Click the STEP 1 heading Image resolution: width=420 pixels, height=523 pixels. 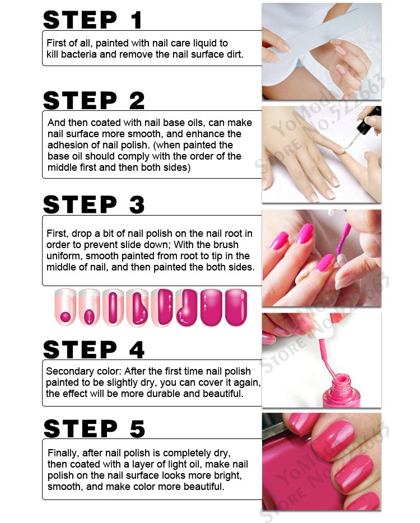click(x=93, y=20)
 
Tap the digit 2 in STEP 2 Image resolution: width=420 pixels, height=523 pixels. click(x=137, y=100)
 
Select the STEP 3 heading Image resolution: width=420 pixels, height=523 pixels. click(x=94, y=204)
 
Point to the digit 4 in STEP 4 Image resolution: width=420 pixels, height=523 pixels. click(x=137, y=349)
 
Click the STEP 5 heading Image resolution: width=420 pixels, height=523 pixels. click(x=94, y=428)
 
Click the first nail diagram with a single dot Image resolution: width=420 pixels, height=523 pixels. click(x=66, y=307)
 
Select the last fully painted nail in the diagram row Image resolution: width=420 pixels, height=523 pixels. click(x=236, y=307)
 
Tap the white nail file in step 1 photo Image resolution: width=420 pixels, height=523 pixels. click(x=314, y=37)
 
